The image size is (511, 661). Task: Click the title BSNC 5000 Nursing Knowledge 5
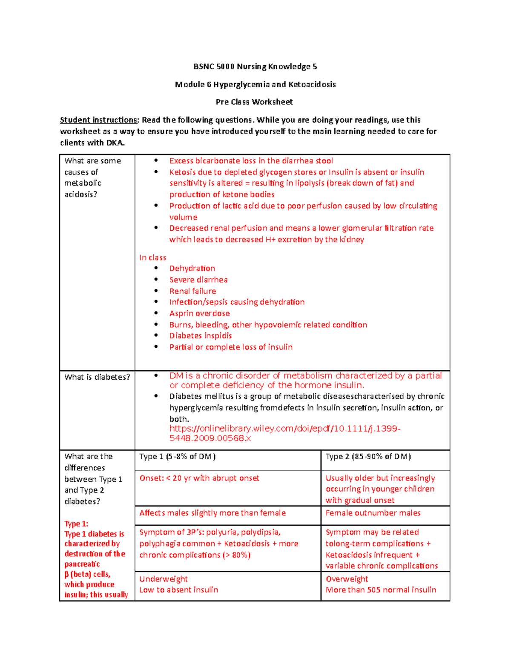pos(255,66)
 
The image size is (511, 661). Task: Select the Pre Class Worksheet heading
pos(254,102)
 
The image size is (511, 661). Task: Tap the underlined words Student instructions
pos(99,120)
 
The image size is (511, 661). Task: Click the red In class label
pos(152,258)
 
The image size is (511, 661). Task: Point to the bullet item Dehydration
pos(192,269)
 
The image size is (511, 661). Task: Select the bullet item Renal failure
pos(192,291)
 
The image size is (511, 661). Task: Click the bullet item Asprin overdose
pos(199,313)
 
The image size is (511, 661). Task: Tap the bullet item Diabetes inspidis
pos(201,336)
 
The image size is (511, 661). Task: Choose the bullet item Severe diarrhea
pos(198,280)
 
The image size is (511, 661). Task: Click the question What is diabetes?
pos(97,377)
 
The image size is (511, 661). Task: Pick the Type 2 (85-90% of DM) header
pos(368,457)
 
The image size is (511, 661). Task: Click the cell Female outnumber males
pos(373,513)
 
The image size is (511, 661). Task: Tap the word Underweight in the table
pos(164,579)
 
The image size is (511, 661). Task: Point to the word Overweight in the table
pos(347,579)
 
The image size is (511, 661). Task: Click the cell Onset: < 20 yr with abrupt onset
pos(199,478)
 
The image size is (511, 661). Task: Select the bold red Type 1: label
pos(76,524)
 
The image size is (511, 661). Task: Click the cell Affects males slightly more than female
pos(212,513)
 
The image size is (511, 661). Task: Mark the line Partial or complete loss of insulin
pos(231,347)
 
